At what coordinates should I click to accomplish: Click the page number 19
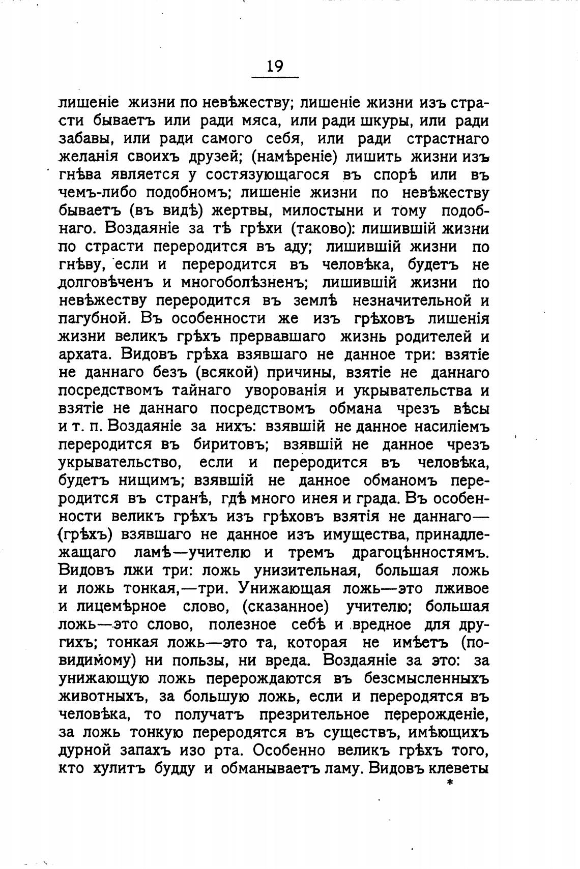click(275, 67)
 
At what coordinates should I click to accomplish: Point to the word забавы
click(84, 139)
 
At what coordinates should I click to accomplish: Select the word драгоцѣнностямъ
click(420, 552)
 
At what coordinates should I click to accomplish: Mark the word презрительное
click(314, 714)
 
